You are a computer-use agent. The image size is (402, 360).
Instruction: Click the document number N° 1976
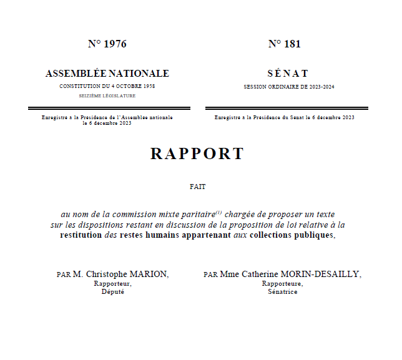click(107, 44)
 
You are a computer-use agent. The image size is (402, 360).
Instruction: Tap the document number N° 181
click(284, 44)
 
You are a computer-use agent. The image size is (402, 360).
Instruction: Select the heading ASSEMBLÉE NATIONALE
click(107, 74)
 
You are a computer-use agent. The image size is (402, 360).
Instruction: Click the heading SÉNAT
click(288, 74)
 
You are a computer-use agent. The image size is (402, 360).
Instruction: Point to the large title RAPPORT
click(197, 153)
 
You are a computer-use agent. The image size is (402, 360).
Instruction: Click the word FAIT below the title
click(197, 186)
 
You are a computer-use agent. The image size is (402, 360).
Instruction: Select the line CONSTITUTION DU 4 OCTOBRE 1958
click(107, 86)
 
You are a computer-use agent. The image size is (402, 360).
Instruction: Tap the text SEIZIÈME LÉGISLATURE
click(107, 96)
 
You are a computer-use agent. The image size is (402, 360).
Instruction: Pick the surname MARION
click(149, 275)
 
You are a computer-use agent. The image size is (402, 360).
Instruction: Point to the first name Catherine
click(258, 275)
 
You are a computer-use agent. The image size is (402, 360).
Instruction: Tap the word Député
click(113, 291)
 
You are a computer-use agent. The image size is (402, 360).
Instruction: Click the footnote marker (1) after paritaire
click(218, 212)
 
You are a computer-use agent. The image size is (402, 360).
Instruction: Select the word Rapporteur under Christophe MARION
click(112, 283)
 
